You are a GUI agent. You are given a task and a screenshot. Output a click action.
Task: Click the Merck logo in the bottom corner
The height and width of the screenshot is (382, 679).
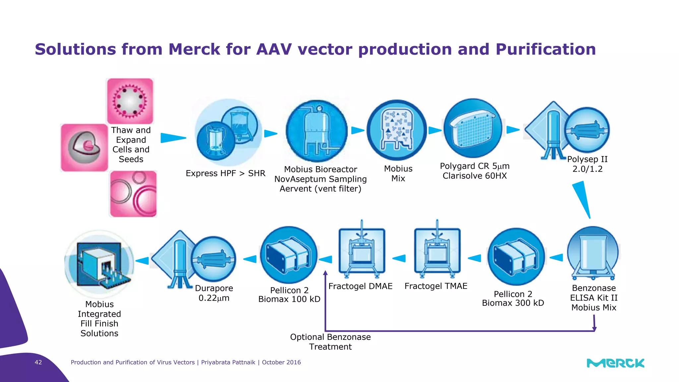coord(615,363)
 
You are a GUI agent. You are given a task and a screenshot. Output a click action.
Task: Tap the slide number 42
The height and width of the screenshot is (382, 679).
coord(38,362)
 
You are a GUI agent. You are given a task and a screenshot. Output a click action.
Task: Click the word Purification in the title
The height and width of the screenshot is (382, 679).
coord(545,49)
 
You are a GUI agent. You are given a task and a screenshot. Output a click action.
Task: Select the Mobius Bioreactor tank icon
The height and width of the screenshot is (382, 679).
coord(317,131)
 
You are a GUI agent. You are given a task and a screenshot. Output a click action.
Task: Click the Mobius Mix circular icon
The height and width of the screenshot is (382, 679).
coord(397,130)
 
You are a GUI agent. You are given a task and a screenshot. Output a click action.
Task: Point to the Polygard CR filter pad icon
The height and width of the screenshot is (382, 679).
coord(473,128)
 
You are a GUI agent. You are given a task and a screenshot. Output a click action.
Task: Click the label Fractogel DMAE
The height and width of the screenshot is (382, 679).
coord(360,286)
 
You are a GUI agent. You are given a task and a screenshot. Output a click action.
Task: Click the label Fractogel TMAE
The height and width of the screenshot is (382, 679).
coord(436,286)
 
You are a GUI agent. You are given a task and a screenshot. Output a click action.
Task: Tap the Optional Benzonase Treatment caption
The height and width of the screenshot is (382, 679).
coord(330,342)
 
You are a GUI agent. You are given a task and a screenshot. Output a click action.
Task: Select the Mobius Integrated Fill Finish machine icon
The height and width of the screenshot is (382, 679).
coord(99,264)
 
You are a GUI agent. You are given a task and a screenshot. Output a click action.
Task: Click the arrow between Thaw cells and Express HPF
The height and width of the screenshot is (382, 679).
coord(173,138)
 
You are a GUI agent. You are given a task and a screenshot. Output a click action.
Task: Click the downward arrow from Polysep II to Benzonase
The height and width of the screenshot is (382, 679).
coord(583,199)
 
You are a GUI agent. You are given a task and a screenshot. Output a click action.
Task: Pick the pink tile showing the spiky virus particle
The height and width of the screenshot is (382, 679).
coord(130,101)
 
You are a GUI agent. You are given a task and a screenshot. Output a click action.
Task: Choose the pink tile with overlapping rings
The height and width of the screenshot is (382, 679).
coord(133,194)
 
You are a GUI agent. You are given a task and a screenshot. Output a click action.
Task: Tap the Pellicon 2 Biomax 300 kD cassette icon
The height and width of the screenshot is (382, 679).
coord(516,256)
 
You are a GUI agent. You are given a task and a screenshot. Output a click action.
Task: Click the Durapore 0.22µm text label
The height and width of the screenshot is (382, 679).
coord(214,293)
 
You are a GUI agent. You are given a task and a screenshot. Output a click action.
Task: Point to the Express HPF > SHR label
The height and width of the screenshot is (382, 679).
coord(225,173)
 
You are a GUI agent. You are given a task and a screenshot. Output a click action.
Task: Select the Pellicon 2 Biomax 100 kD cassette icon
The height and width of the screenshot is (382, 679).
coord(289,255)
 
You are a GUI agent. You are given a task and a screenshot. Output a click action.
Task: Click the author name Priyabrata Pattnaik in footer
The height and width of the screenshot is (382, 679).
coord(228,362)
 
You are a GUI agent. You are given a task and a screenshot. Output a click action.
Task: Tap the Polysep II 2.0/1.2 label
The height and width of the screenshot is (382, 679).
coord(587,164)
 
